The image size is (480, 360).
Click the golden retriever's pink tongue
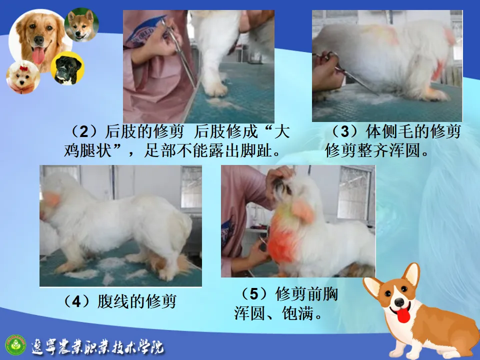[x=38, y=56]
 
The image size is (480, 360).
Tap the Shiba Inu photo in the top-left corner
[x=81, y=25]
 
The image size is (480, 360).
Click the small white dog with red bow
[x=23, y=77]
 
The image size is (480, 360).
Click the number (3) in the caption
[x=344, y=132]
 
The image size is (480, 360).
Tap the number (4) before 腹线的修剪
[x=76, y=301]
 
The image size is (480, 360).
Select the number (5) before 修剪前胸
[x=254, y=294]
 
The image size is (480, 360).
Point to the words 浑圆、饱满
[x=278, y=313]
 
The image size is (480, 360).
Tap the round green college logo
[x=16, y=344]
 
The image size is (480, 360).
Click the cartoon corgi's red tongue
[x=403, y=315]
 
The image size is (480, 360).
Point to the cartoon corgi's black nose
[x=399, y=302]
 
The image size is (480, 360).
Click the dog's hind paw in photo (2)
[x=215, y=88]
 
